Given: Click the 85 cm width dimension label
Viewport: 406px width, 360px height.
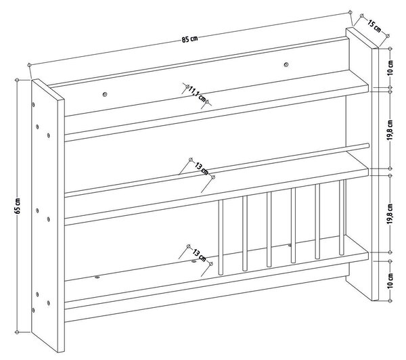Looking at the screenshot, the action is [x=189, y=39].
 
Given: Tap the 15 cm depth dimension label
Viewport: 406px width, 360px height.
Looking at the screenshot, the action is [x=374, y=26].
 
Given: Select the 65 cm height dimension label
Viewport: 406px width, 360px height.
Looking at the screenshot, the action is [x=18, y=206].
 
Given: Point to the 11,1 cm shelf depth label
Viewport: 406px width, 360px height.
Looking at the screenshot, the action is [x=197, y=95].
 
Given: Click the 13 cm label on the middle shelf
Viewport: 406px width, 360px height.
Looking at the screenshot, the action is [x=202, y=168].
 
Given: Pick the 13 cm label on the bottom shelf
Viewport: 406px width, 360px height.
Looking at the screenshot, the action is [x=200, y=255].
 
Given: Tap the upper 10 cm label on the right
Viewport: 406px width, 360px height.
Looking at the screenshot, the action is [x=390, y=68].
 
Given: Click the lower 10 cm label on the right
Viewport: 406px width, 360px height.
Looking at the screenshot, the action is [x=390, y=280].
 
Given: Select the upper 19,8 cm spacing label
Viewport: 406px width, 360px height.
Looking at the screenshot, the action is [x=390, y=130].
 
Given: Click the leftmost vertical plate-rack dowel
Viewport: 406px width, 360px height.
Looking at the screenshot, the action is [x=221, y=237].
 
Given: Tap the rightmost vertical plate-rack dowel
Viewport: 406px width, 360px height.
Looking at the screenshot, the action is [x=342, y=217].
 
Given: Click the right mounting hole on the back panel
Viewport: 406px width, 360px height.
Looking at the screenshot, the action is [x=286, y=64].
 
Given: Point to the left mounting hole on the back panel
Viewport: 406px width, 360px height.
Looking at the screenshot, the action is [x=105, y=94].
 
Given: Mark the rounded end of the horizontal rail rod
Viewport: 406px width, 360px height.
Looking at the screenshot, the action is [x=367, y=145].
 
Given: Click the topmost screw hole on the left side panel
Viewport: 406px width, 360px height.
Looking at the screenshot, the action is [x=33, y=105].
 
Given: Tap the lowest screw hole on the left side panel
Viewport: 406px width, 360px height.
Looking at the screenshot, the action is [x=33, y=310].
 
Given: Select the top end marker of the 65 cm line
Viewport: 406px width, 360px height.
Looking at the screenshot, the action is [x=17, y=80].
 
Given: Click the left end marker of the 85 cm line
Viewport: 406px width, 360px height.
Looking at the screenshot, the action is [x=29, y=65].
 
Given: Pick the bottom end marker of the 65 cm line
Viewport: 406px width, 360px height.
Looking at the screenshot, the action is [x=17, y=332].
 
